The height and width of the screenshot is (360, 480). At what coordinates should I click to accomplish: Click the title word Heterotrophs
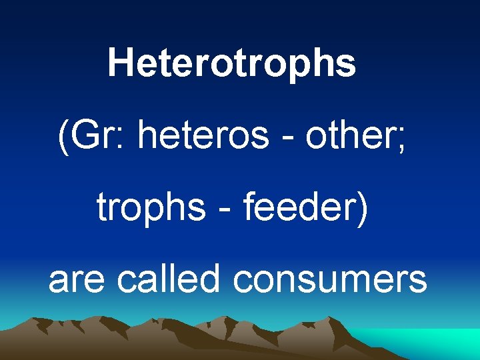(231, 63)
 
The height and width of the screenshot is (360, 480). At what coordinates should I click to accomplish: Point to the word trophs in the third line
(151, 209)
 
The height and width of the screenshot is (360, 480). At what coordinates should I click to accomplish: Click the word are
(75, 280)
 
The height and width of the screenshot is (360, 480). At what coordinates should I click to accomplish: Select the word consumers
(330, 280)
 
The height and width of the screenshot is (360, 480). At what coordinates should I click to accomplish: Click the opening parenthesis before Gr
(63, 138)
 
